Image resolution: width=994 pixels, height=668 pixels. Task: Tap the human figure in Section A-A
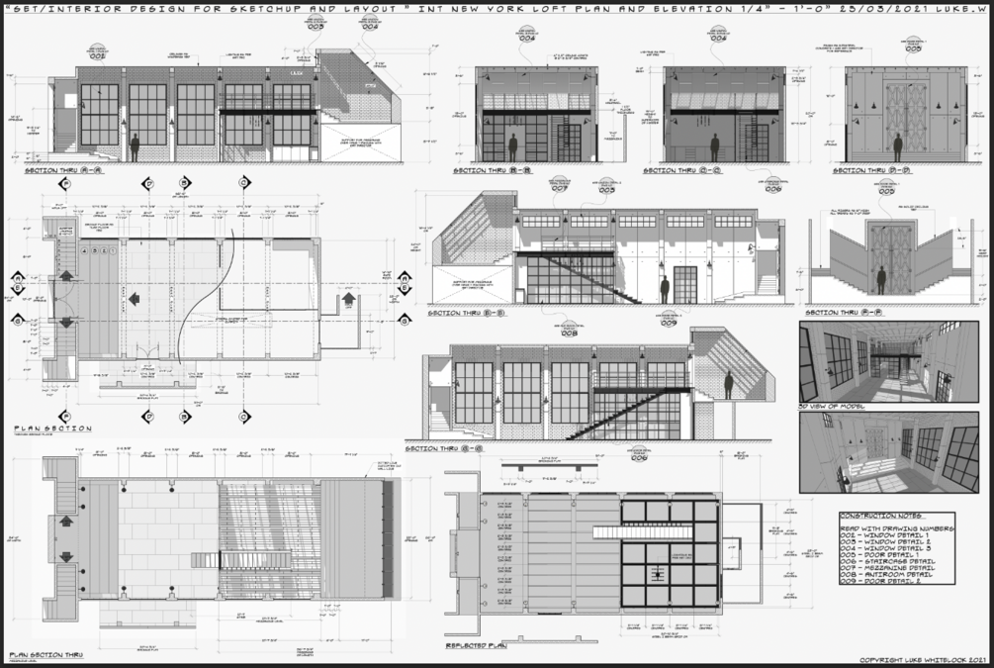pyautogui.click(x=135, y=147)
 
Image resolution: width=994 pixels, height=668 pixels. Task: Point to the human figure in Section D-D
pyautogui.click(x=898, y=147)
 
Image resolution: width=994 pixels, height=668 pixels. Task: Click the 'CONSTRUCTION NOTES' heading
pyautogui.click(x=883, y=516)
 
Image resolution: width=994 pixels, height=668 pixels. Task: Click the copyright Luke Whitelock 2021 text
pyautogui.click(x=925, y=659)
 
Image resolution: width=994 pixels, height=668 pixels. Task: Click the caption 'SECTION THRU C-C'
pyautogui.click(x=681, y=171)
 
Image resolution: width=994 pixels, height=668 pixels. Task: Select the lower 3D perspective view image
pyautogui.click(x=888, y=452)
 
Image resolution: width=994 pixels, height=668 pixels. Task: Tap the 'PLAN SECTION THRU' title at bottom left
pyautogui.click(x=46, y=655)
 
